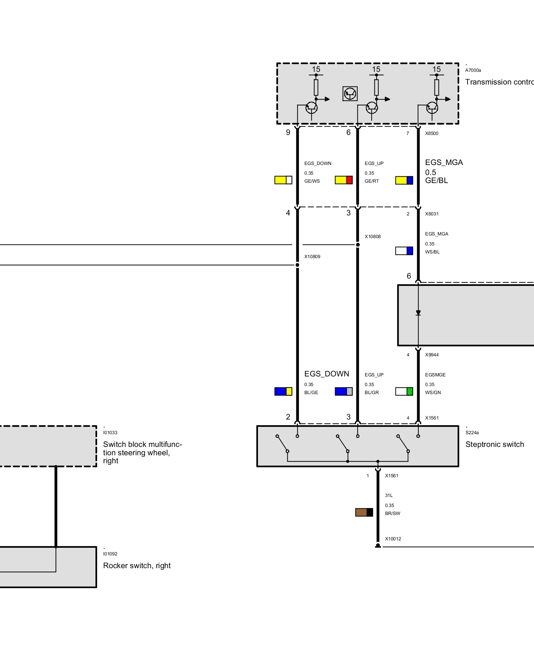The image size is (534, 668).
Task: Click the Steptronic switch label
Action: tap(495, 445)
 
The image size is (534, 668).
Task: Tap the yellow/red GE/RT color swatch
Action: tap(344, 180)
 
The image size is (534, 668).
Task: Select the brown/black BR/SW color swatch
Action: tap(364, 512)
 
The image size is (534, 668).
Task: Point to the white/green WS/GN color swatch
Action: tap(404, 391)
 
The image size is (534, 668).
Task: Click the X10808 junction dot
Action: tap(358, 245)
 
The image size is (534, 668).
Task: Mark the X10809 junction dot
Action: tap(297, 265)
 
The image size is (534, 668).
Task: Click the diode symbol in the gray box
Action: tap(418, 313)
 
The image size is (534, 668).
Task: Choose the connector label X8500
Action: tap(432, 134)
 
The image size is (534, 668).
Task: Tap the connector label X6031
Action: tap(432, 214)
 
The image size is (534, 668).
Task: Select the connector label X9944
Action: tap(432, 355)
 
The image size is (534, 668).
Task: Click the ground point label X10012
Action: tap(393, 539)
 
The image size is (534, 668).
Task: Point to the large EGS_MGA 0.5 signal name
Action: tap(444, 163)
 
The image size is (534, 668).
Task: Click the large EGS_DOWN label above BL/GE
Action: tap(326, 374)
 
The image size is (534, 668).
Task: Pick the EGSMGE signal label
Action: tap(435, 375)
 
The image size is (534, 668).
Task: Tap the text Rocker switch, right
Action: tap(137, 566)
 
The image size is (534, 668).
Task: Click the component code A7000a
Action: tap(473, 70)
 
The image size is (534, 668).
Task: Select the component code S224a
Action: tap(472, 433)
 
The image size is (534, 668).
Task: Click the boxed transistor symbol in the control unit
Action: tap(350, 94)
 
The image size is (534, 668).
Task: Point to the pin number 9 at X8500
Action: tap(288, 133)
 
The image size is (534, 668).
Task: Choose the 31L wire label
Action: tap(389, 496)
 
